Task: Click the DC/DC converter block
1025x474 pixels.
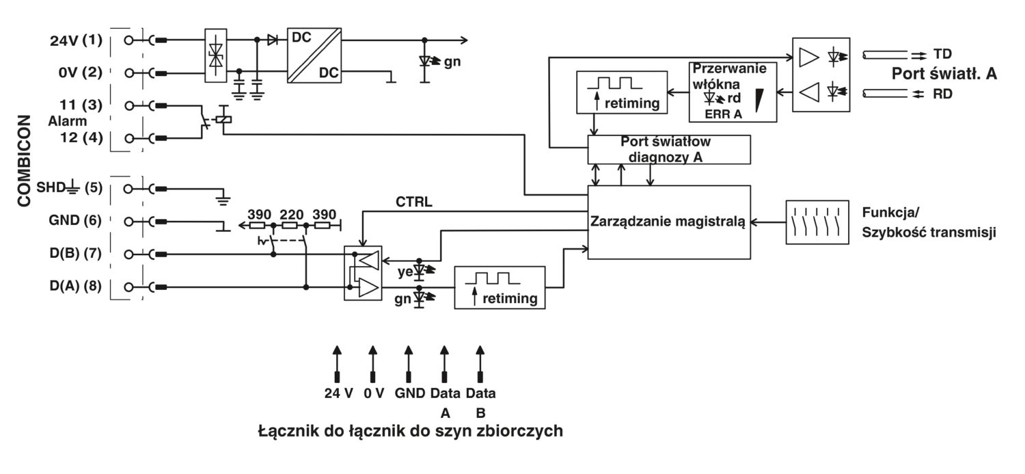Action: coord(314,56)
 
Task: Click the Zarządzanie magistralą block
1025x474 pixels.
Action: coord(669,222)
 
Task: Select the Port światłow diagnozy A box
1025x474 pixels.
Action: coord(669,149)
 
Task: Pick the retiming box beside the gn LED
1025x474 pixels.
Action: coord(500,287)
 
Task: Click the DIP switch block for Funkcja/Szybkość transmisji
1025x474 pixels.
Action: coord(817,222)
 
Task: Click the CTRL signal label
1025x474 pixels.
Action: coord(412,202)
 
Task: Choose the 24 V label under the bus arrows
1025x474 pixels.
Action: coord(339,394)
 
